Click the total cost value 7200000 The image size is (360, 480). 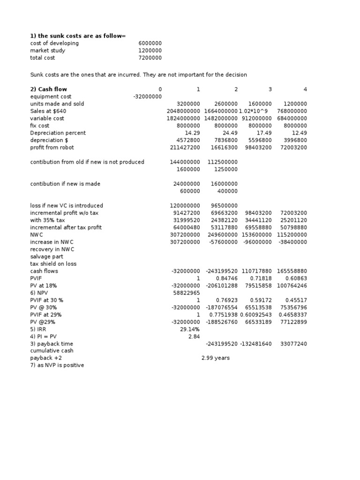tap(150, 58)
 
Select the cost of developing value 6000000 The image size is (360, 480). tap(150, 43)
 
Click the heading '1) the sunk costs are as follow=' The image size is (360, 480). tap(78, 36)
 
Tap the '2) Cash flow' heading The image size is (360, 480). tap(49, 89)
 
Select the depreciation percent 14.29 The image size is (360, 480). tap(192, 133)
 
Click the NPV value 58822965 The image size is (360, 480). tap(187, 292)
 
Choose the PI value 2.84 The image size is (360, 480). tap(194, 336)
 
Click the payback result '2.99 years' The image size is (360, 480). tap(215, 358)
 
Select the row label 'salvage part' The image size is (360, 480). tap(46, 256)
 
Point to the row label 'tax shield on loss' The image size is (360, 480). tap(53, 263)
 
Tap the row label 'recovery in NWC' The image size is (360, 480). tap(52, 249)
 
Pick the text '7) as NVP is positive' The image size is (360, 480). tap(57, 365)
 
